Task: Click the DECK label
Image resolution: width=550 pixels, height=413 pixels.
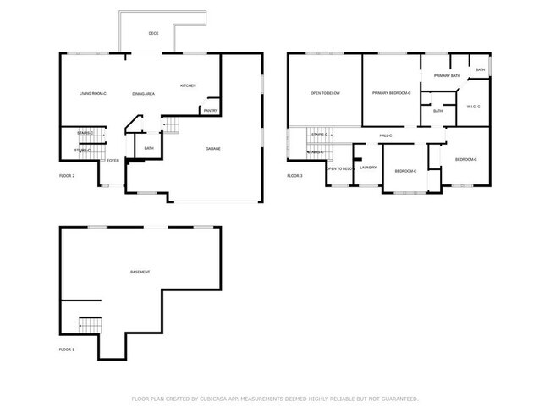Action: [153, 33]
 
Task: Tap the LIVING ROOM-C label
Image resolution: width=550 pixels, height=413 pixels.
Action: [93, 93]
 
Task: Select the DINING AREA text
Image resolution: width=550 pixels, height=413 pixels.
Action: [143, 93]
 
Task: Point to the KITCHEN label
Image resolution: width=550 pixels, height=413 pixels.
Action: [188, 85]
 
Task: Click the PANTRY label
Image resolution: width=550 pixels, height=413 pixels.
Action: [209, 110]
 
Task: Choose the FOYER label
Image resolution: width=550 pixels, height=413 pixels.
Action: [113, 160]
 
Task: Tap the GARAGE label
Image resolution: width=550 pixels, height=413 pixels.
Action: [214, 149]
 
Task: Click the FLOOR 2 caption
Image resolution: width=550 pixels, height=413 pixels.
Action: [67, 175]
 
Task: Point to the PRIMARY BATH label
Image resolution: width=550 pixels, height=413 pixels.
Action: [447, 76]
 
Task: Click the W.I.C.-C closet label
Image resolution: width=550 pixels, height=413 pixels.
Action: [473, 107]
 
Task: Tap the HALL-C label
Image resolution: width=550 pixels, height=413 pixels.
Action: [385, 135]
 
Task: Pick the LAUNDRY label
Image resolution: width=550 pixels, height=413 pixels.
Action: [368, 167]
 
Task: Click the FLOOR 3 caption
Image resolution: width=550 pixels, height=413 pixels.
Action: [294, 175]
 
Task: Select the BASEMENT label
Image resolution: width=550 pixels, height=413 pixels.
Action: [140, 272]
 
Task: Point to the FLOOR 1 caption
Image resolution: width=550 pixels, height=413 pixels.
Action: [67, 349]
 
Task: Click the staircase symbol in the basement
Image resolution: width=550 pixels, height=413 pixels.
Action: [90, 325]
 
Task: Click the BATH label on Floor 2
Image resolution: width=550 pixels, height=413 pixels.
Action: [149, 149]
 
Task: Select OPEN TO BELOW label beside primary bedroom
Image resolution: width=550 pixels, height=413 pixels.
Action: [325, 93]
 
